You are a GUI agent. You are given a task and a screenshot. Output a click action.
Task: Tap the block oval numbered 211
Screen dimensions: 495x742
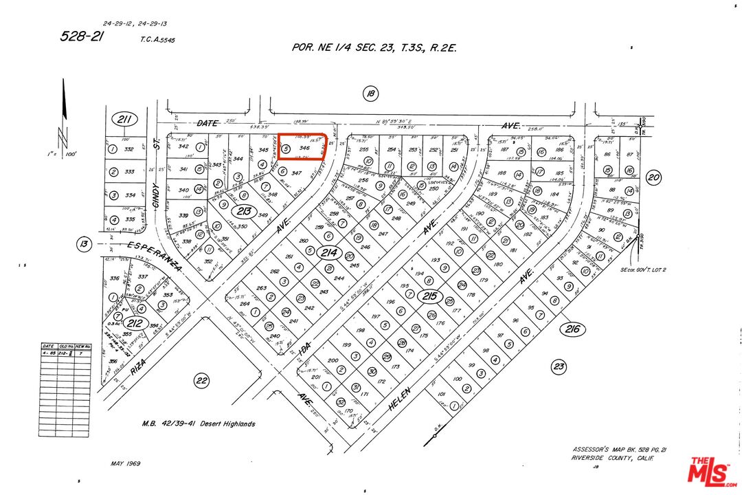pyautogui.click(x=124, y=119)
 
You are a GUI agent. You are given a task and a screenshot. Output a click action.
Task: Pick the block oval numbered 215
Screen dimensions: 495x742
pyautogui.click(x=430, y=296)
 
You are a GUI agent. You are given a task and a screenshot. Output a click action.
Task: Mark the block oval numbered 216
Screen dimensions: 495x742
pyautogui.click(x=573, y=329)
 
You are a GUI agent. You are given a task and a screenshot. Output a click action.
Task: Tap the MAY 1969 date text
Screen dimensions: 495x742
pyautogui.click(x=125, y=463)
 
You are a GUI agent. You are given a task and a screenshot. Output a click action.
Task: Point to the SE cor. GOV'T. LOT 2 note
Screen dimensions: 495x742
pyautogui.click(x=643, y=270)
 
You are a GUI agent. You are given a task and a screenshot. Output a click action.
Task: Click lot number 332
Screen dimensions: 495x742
pyautogui.click(x=128, y=149)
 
